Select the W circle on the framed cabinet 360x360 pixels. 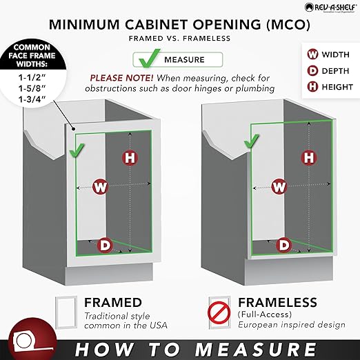pos(101,186)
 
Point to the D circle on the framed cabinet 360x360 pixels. pos(105,243)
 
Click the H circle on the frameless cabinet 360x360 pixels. pos(308,157)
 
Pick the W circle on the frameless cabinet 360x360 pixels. pos(279,186)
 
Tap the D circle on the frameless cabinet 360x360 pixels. pos(283,244)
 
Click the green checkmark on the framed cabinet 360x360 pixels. pos(78,148)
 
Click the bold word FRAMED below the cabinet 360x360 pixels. pos(113,303)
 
